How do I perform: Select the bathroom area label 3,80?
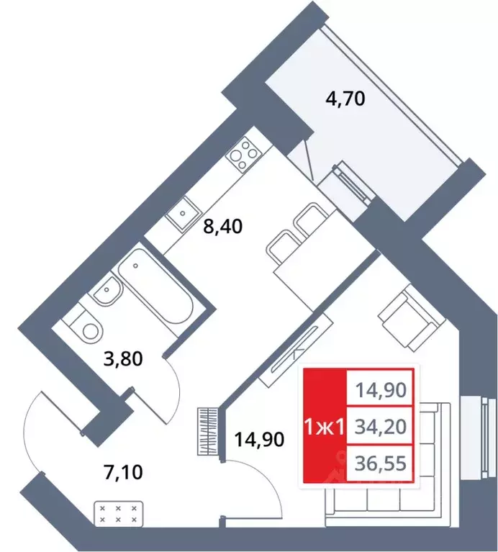(123, 359)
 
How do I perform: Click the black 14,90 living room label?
(259, 439)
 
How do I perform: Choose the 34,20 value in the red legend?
(381, 427)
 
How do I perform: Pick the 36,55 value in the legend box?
(381, 463)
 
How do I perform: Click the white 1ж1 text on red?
(325, 427)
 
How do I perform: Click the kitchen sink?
(183, 214)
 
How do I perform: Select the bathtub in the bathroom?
(155, 286)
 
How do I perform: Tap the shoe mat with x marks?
(118, 514)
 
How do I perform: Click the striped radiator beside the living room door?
(208, 432)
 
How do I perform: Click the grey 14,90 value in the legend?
(381, 390)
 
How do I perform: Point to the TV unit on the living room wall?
(296, 349)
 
